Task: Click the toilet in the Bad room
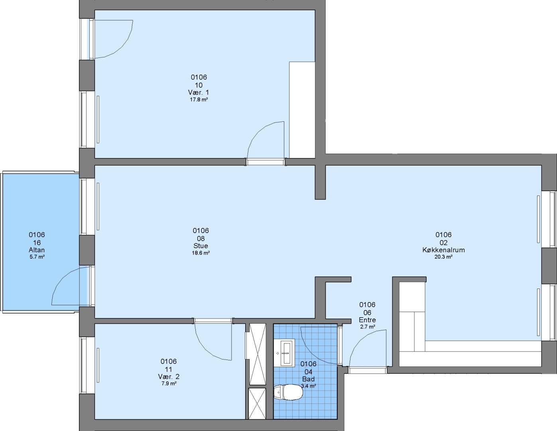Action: tap(288, 392)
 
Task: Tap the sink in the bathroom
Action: tap(286, 353)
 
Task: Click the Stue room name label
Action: tap(201, 246)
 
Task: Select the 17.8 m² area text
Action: tap(199, 99)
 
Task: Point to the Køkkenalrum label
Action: tap(443, 250)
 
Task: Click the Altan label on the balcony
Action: tap(37, 250)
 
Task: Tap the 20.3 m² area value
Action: tap(443, 257)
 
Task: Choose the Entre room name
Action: tap(367, 320)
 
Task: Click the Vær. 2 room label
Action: tap(169, 377)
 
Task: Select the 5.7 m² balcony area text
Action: tap(37, 257)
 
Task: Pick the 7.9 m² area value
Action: tap(169, 384)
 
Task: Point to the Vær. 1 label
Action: tap(199, 92)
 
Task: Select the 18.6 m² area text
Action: tap(201, 253)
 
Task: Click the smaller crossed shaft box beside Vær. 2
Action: tap(257, 404)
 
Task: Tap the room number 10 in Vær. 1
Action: tap(199, 85)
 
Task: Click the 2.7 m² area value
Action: tap(368, 327)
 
